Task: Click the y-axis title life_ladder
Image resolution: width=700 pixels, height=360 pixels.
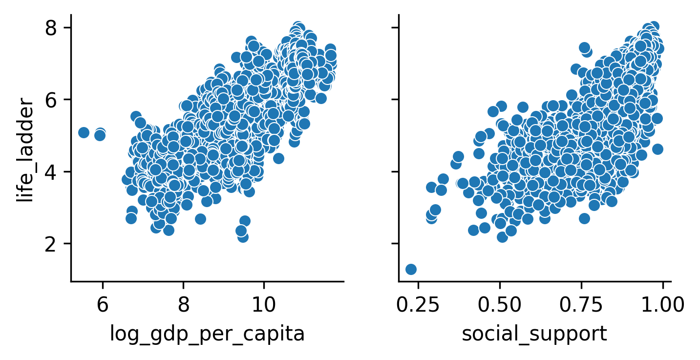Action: pyautogui.click(x=25, y=150)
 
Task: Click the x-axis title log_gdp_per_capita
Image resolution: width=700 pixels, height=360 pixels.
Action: pyautogui.click(x=207, y=334)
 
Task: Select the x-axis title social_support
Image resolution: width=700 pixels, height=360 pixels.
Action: pyautogui.click(x=534, y=334)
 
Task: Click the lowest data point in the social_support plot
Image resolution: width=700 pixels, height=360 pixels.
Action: pyautogui.click(x=411, y=269)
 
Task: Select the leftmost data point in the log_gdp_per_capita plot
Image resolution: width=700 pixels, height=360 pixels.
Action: pyautogui.click(x=84, y=132)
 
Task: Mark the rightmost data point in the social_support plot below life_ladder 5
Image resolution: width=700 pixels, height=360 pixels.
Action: pyautogui.click(x=658, y=149)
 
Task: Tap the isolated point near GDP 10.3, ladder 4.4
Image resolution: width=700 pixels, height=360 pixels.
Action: pyautogui.click(x=278, y=158)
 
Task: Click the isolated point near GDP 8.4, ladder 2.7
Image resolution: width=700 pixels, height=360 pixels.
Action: pyautogui.click(x=200, y=219)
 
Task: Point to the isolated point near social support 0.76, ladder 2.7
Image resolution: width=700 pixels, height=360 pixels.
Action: pyautogui.click(x=584, y=218)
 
